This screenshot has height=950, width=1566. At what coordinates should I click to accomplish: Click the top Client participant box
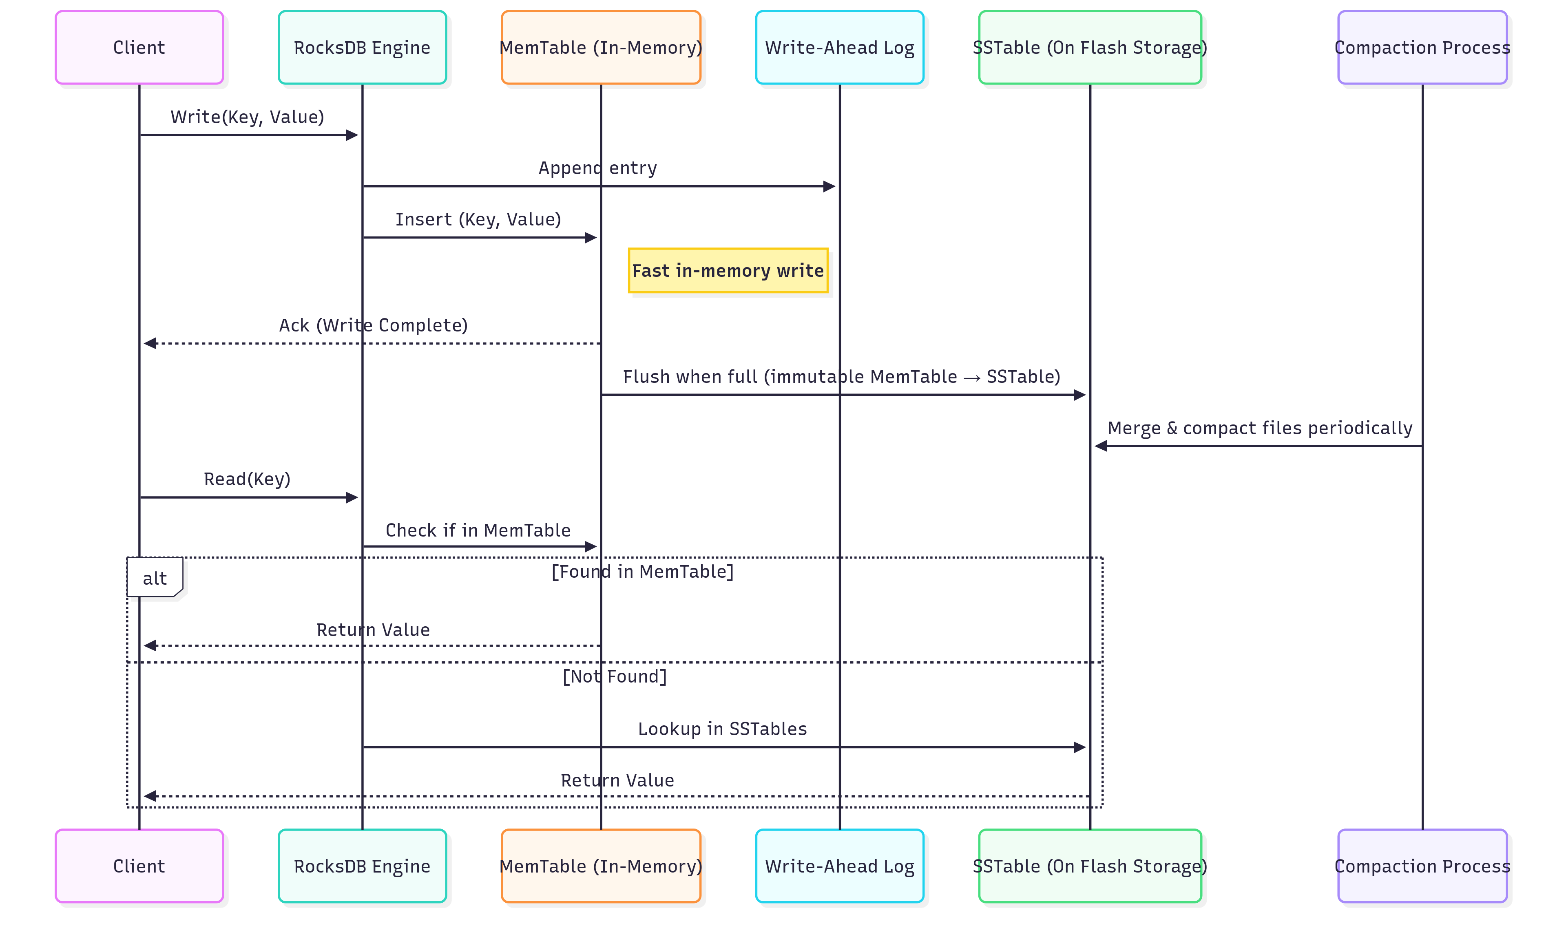coord(139,48)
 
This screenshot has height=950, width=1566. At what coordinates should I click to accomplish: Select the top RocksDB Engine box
coord(362,48)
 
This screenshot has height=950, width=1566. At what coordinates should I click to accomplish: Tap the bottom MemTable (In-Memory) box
coord(601,866)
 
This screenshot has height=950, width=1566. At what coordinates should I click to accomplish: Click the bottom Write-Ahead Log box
coord(840,866)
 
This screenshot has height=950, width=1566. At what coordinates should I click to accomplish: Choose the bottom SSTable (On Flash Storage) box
coord(1090,866)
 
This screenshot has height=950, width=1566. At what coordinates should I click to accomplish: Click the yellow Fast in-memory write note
coord(728,271)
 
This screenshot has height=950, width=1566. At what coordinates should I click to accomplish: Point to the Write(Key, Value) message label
coord(247,117)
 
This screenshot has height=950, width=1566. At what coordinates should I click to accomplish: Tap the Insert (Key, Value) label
coord(478,219)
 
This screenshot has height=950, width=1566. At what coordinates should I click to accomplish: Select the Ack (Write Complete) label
coord(373,325)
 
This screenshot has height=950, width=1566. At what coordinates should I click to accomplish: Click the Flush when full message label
coord(841,377)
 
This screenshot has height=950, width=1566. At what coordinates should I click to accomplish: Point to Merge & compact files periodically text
coord(1260,428)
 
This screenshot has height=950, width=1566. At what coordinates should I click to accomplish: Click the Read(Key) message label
coord(247,479)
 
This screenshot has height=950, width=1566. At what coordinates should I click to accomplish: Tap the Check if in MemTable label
coord(478,530)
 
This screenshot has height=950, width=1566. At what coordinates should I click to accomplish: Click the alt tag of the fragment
coord(155,578)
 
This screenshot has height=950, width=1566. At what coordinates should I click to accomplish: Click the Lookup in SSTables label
coord(722,729)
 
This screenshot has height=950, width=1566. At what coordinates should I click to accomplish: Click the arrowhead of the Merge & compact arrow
coord(1101,446)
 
